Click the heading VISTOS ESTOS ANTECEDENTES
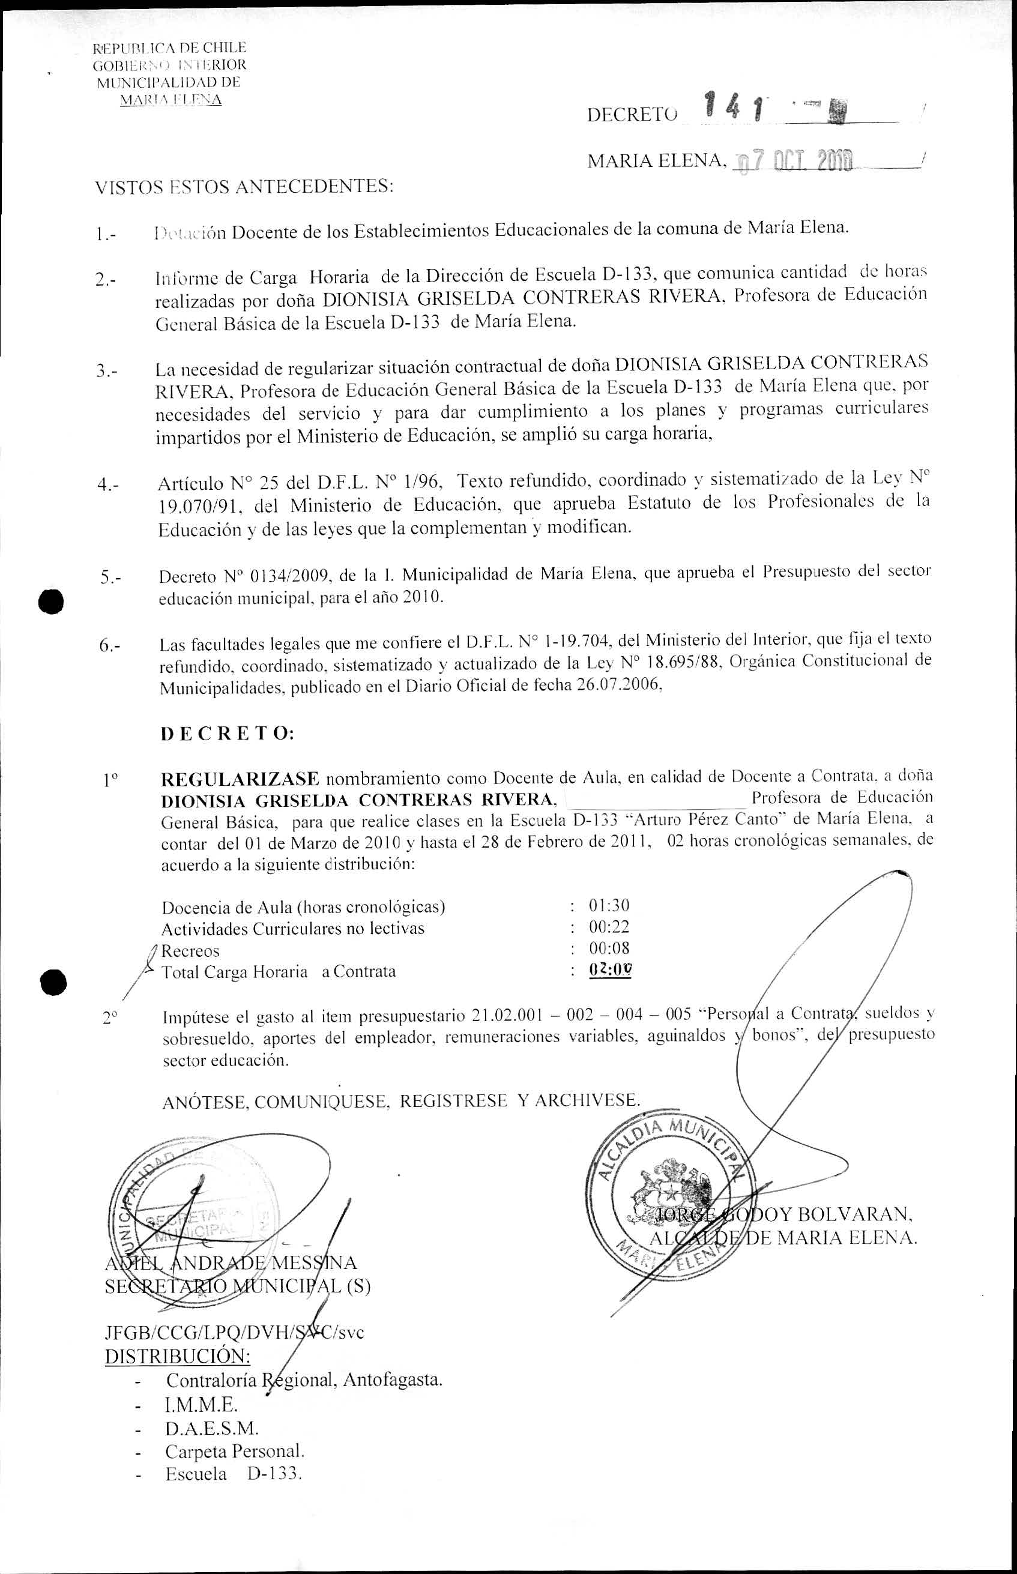(244, 187)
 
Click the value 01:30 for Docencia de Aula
(609, 905)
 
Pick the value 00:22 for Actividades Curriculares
(609, 927)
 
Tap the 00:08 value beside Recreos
(609, 950)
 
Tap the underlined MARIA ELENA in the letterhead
(170, 100)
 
